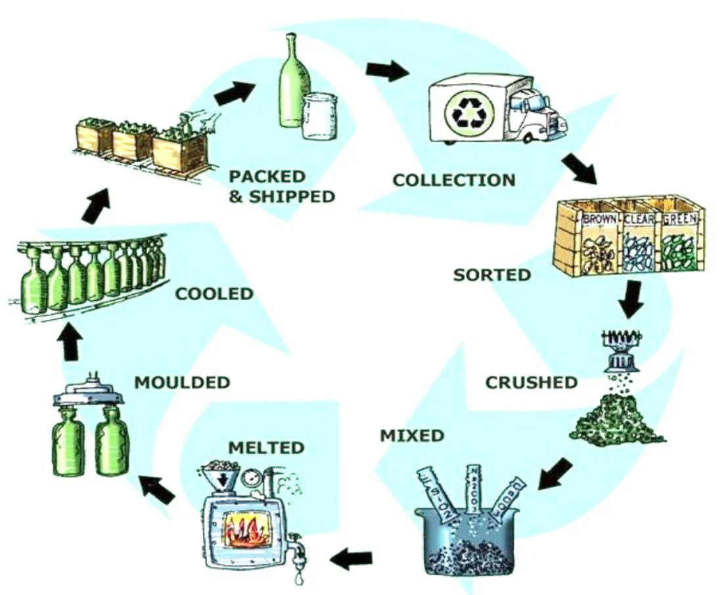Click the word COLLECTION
454,179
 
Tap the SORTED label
491,274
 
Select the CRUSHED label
531,382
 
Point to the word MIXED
412,435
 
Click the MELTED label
266,448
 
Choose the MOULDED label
182,382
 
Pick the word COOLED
214,293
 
